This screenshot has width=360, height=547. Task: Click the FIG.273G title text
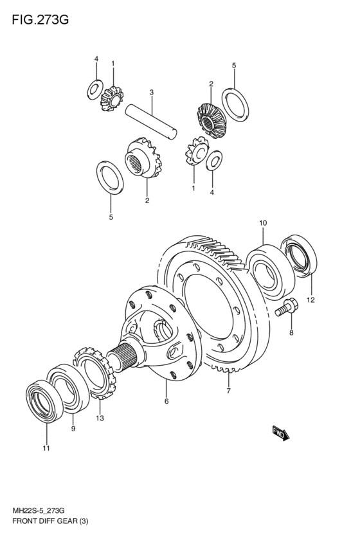(x=40, y=20)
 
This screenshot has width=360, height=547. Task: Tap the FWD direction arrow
(x=281, y=433)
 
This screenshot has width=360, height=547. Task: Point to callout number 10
(x=263, y=222)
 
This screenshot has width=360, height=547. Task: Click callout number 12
(x=310, y=300)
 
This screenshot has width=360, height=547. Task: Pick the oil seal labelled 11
(x=44, y=401)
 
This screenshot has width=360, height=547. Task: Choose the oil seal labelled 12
(x=299, y=256)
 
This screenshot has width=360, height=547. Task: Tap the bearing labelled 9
(x=68, y=388)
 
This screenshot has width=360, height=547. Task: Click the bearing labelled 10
(x=271, y=272)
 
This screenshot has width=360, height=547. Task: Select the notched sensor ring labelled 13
(x=95, y=373)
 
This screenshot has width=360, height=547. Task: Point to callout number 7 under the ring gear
(x=228, y=391)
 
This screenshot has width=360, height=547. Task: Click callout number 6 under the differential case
(x=166, y=402)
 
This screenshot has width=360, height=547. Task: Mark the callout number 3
(x=152, y=93)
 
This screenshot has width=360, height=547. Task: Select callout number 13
(x=100, y=418)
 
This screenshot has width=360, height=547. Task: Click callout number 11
(x=46, y=448)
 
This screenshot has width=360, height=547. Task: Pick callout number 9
(x=73, y=429)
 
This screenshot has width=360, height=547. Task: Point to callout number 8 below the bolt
(x=291, y=333)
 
